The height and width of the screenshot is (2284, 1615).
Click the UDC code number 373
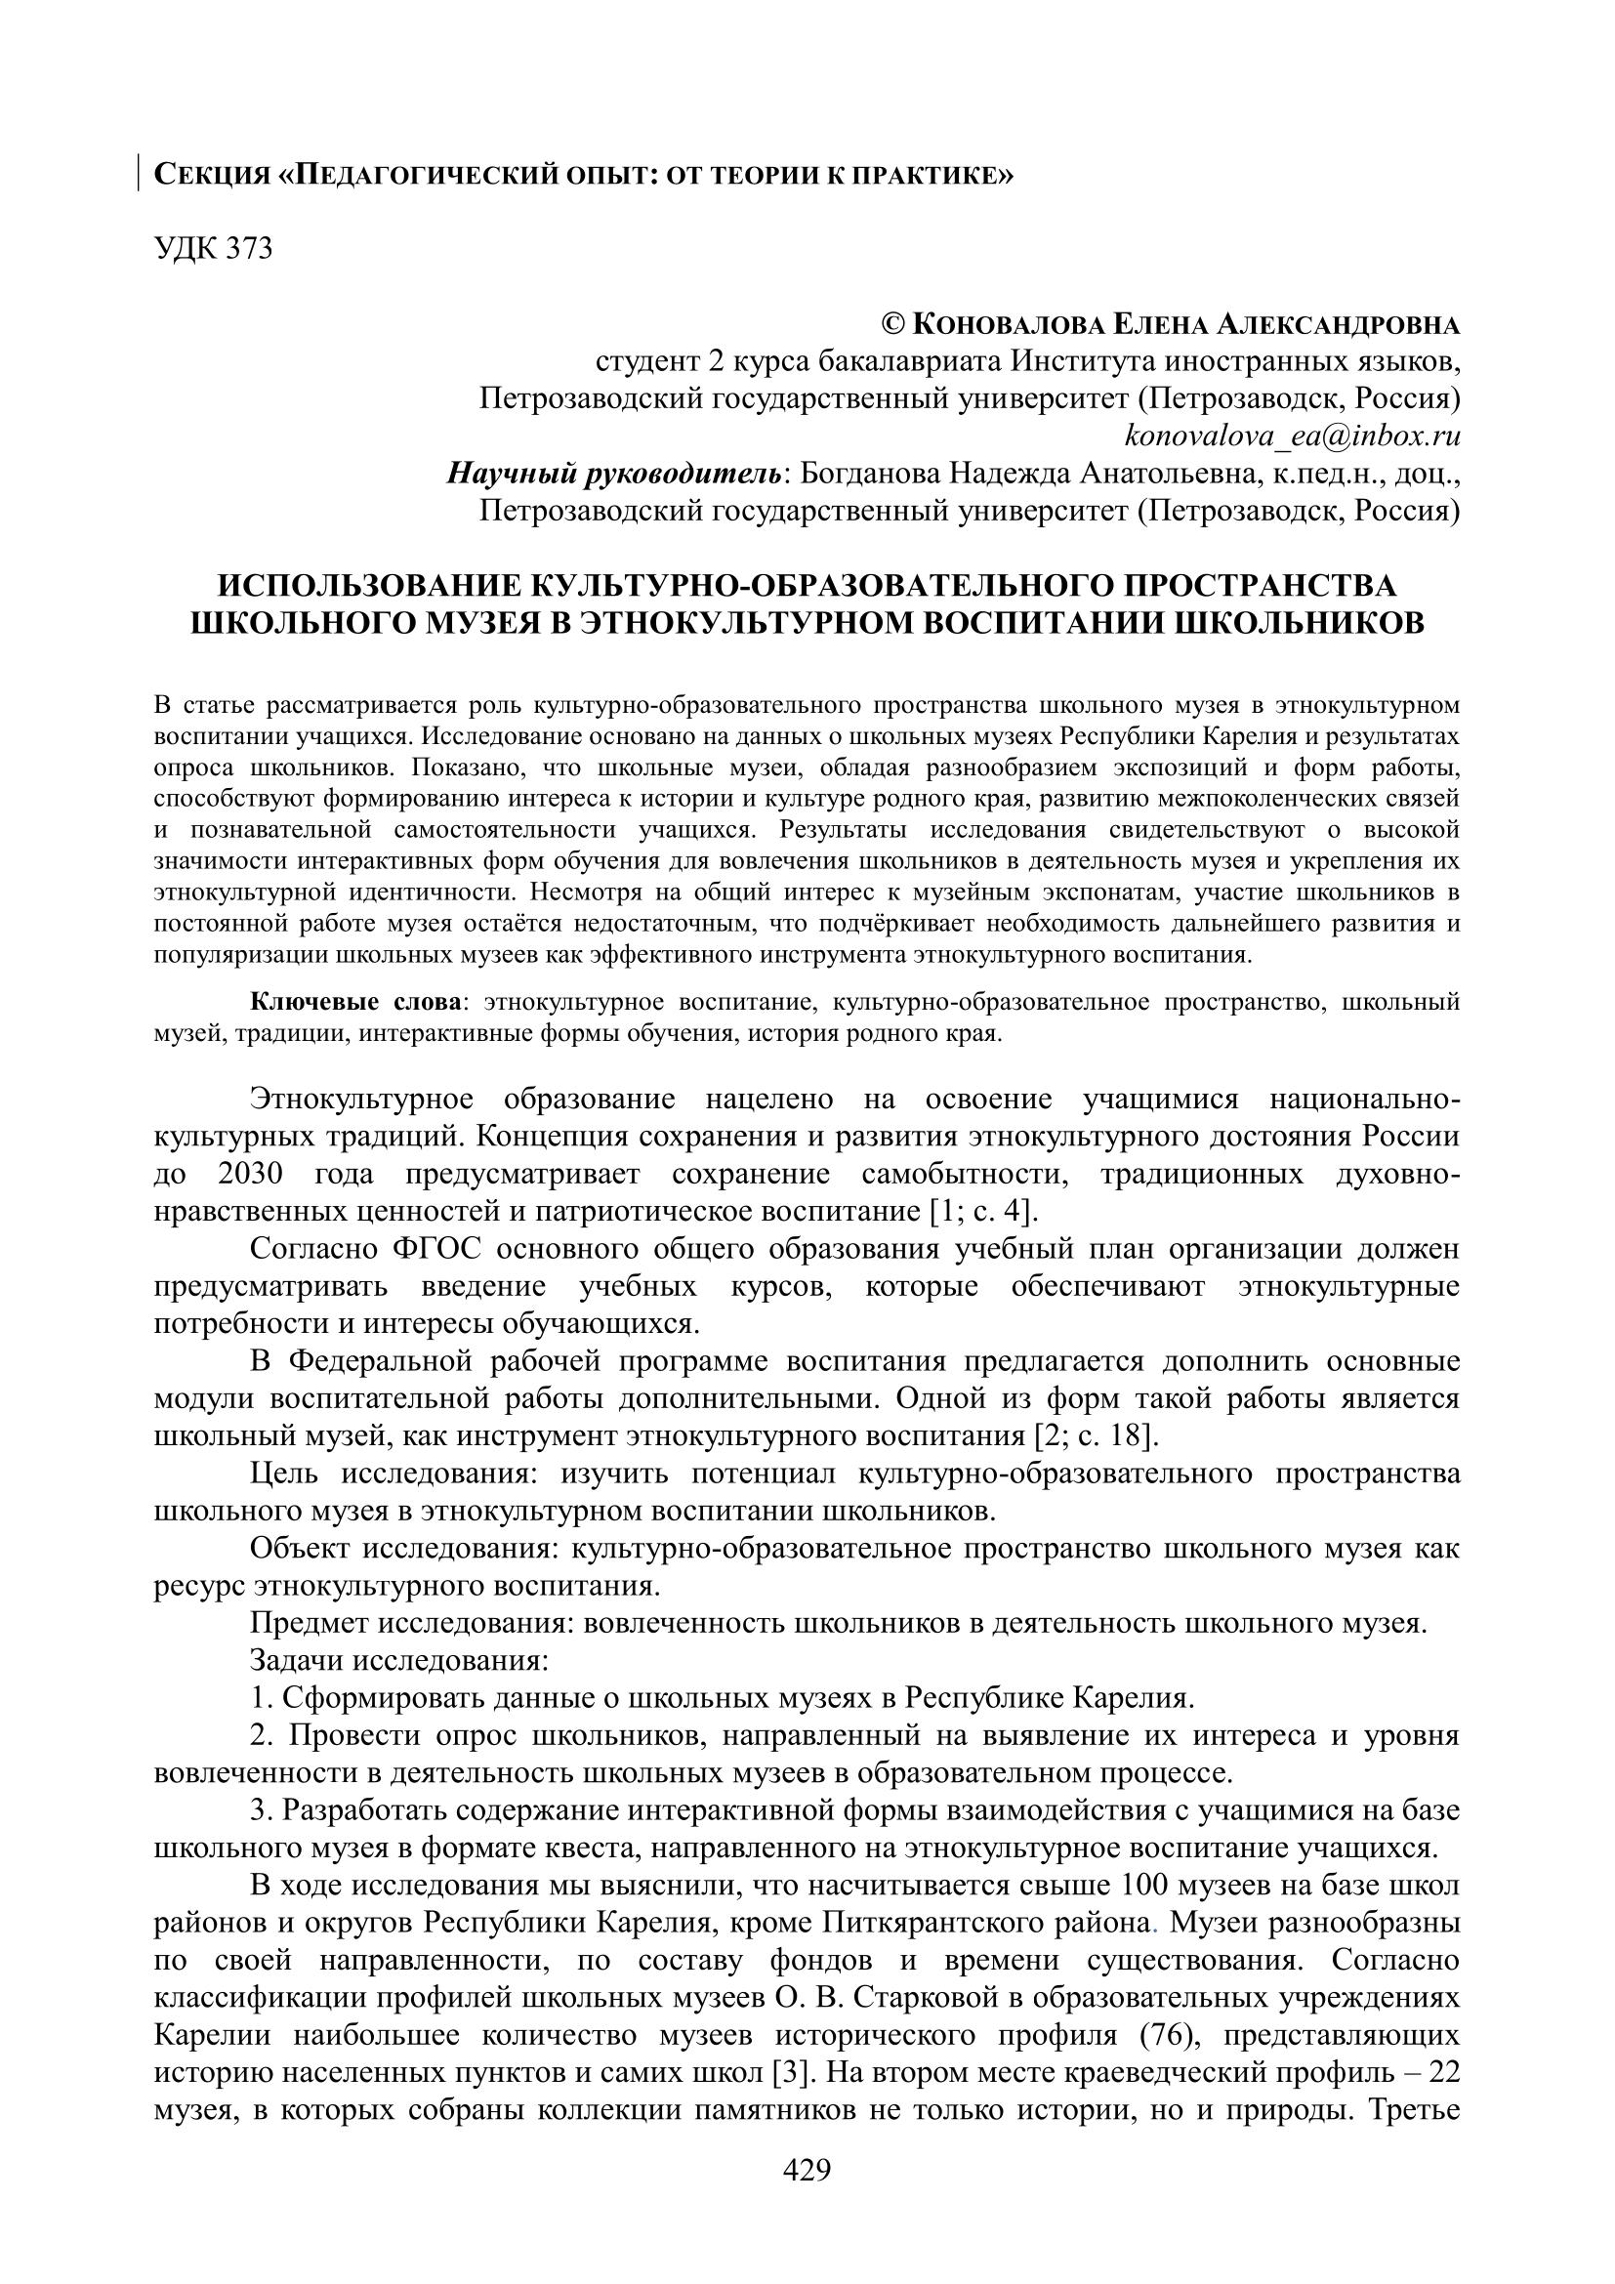pos(249,248)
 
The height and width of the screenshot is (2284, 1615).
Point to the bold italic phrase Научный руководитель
pos(614,474)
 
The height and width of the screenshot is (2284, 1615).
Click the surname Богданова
pos(868,474)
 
